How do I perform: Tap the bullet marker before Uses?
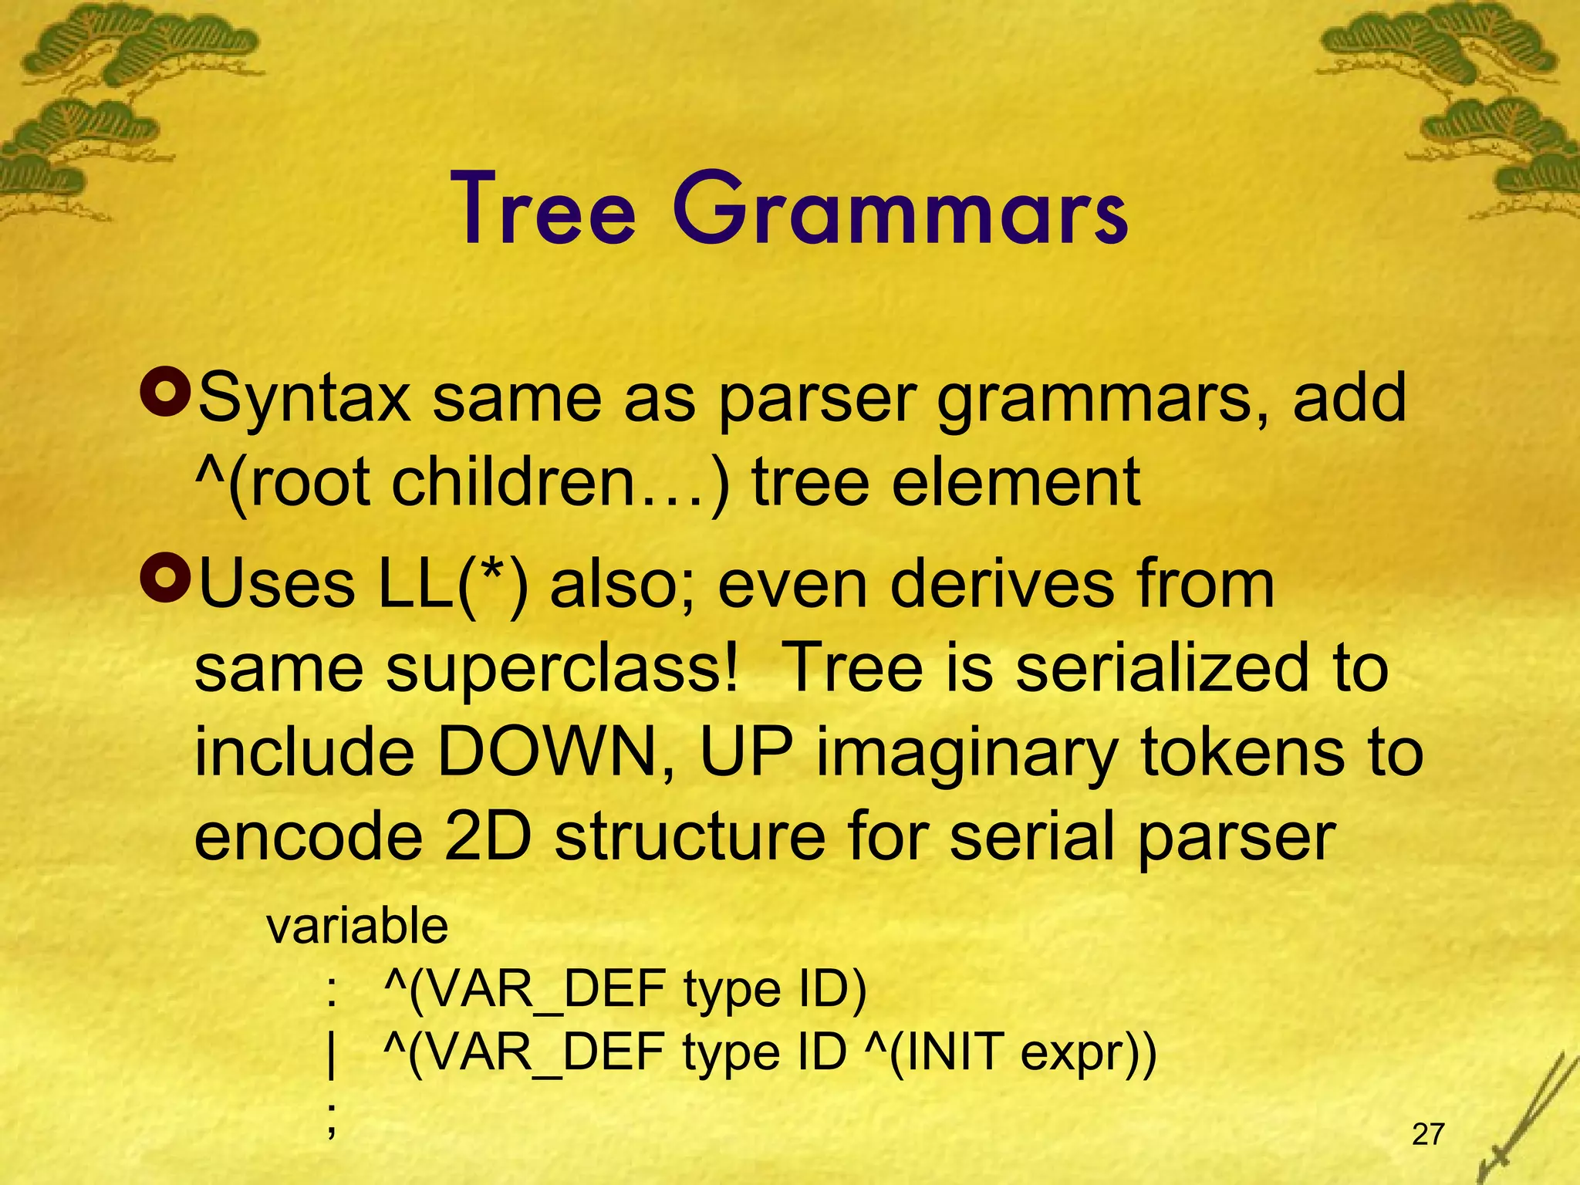[165, 579]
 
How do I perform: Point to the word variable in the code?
[357, 926]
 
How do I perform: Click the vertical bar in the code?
[332, 1055]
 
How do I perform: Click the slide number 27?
[1428, 1134]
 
